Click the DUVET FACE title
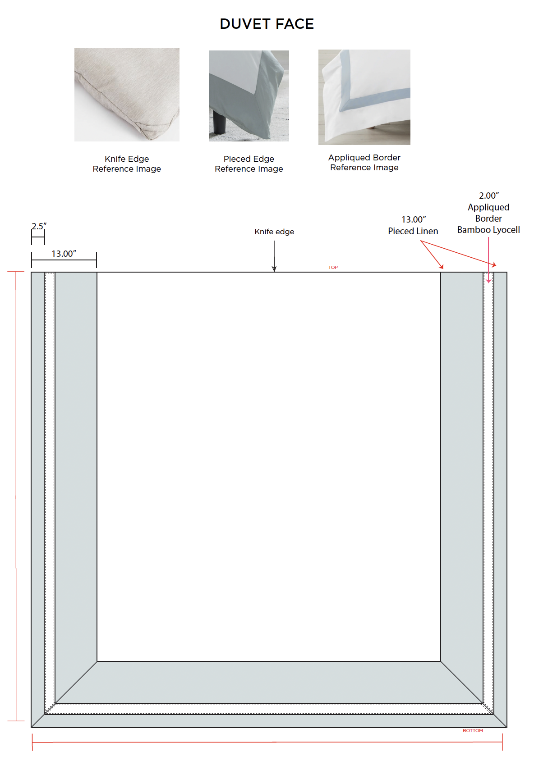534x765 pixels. [267, 24]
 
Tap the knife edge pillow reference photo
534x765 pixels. [127, 95]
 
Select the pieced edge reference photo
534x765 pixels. [249, 96]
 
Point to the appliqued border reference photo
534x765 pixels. [364, 97]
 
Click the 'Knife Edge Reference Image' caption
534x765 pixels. [127, 164]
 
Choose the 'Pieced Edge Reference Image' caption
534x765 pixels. [249, 164]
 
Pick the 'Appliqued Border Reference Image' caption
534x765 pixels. [364, 163]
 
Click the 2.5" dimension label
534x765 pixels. [39, 226]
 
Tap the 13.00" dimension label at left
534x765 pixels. [64, 254]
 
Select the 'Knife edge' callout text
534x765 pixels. [274, 232]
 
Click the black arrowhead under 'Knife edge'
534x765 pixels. [274, 269]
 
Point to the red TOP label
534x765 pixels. [333, 268]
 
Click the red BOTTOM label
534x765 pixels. [473, 731]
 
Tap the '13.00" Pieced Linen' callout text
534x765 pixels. [413, 225]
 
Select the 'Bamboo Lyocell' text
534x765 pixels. [488, 230]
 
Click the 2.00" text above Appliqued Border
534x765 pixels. [488, 196]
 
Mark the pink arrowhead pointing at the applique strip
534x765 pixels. [488, 281]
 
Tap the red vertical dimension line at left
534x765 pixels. [16, 496]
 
